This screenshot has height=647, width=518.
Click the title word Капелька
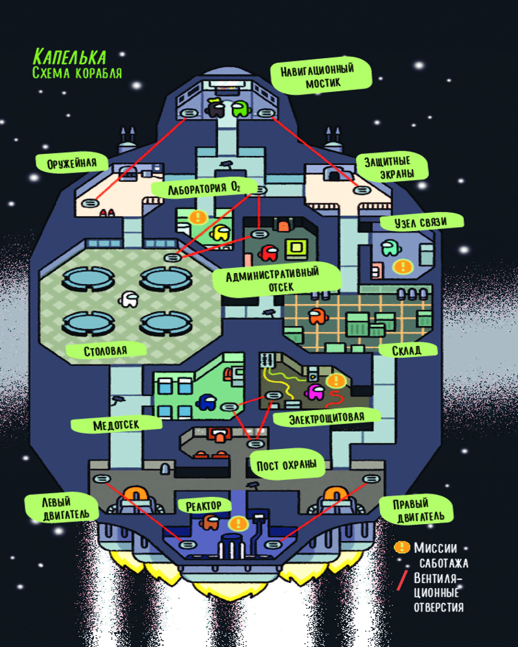point(70,56)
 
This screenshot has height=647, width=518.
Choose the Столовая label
point(105,351)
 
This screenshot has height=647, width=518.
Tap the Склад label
point(407,350)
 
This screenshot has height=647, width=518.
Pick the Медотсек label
point(116,424)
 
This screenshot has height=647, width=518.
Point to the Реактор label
point(203,505)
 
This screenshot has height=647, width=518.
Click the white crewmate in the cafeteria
point(129,298)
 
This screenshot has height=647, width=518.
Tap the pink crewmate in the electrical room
point(315,391)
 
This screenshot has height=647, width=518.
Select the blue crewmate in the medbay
point(207,402)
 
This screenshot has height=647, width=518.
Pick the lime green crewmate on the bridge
point(240,109)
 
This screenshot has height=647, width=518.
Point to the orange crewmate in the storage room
point(317,316)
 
